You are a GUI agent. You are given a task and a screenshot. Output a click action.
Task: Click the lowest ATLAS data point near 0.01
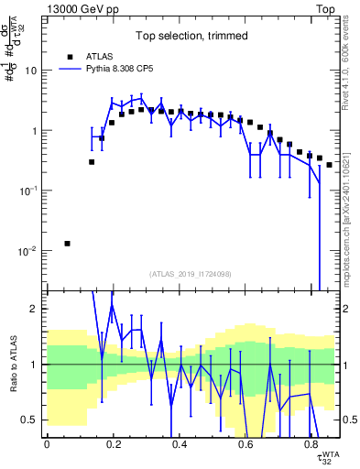point(68,244)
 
